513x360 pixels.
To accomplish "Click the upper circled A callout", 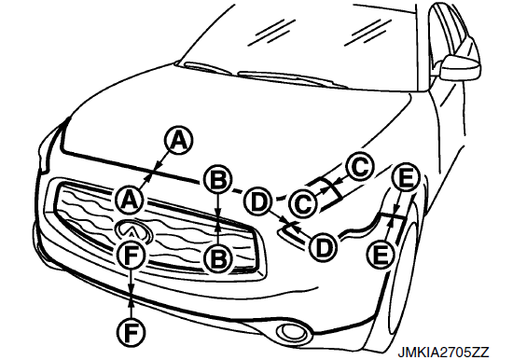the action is click(178, 141).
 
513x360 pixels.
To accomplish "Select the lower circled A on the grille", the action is click(130, 200).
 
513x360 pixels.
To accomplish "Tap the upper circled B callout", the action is click(218, 181).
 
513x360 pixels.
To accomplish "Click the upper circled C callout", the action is click(359, 168).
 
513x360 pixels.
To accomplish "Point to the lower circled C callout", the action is click(303, 203).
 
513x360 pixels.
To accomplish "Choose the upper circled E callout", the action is click(405, 178).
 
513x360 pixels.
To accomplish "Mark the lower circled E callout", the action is click(381, 255).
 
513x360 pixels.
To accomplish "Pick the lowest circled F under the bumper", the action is click(131, 333).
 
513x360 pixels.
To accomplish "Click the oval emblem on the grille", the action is click(133, 230).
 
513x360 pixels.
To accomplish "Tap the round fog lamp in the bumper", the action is click(293, 331).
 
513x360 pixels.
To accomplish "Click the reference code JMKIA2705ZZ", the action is click(443, 352).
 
